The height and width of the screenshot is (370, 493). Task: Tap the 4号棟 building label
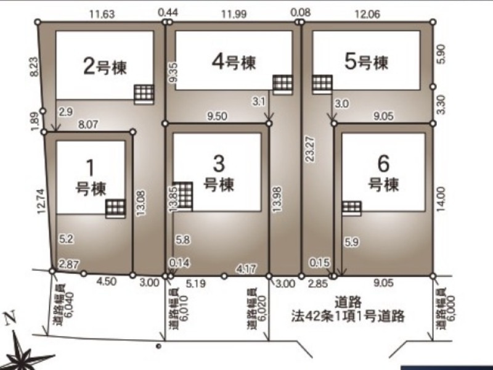pos(234,62)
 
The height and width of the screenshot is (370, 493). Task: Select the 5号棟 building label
pos(366,62)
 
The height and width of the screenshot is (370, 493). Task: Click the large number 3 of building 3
pos(219,164)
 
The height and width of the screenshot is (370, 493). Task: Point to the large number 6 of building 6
pos(383,164)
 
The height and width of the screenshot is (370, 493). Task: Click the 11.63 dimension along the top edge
pos(102,14)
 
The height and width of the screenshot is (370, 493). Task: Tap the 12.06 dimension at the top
pos(367,14)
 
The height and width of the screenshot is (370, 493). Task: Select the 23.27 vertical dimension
pos(310,149)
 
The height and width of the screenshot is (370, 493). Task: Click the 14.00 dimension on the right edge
pos(441,199)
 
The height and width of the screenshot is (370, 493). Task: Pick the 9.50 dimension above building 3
pos(217,116)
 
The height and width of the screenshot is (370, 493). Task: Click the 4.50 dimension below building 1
pos(106,281)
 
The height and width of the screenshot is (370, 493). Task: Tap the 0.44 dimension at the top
pos(168,12)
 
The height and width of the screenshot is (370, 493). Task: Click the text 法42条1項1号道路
pos(348,316)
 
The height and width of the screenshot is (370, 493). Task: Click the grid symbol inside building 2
pos(144,94)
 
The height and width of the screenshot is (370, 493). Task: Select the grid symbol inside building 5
pos(322,84)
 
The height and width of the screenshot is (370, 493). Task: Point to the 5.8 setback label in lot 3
pos(182,240)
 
